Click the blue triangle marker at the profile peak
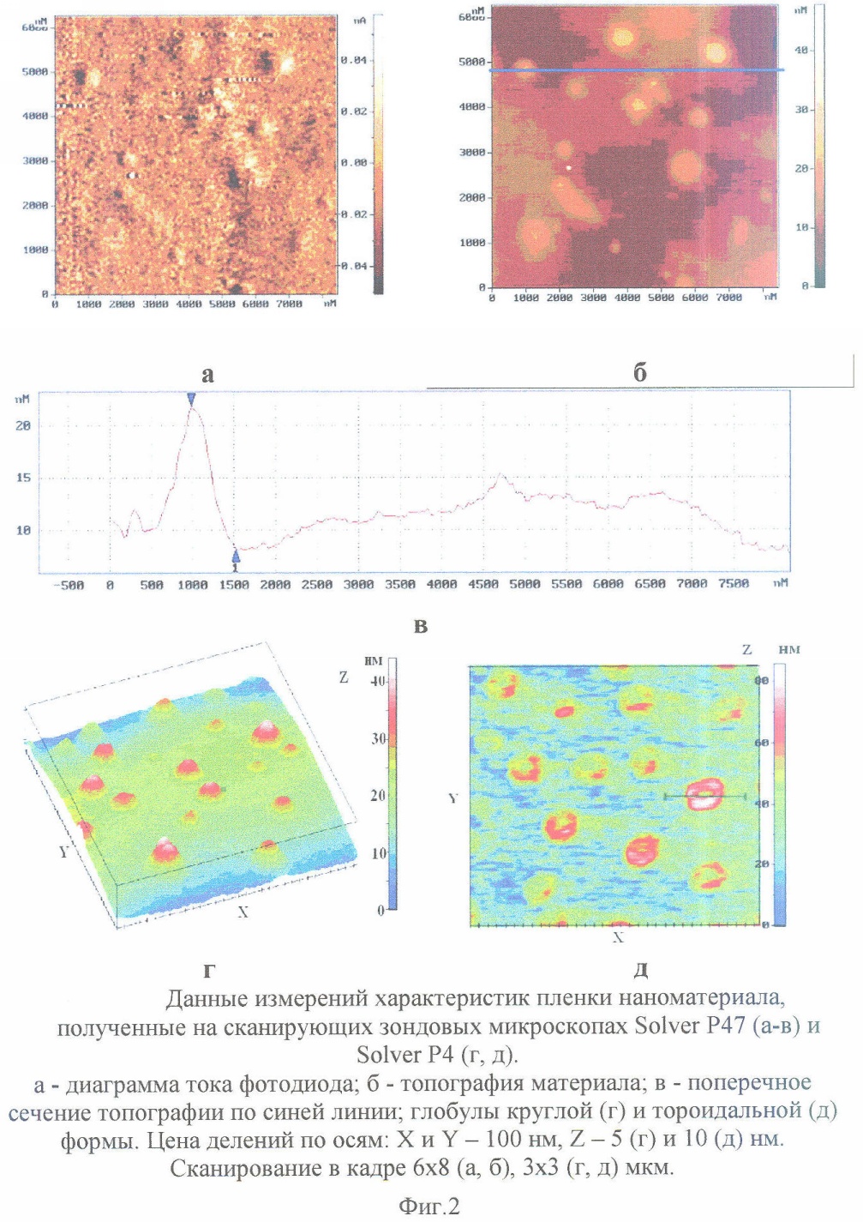click(x=191, y=399)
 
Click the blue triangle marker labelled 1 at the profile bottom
click(x=236, y=558)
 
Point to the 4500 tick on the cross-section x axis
click(x=482, y=585)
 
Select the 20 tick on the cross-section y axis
click(x=23, y=426)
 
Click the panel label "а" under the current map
click(x=207, y=375)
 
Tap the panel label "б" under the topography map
click(x=639, y=372)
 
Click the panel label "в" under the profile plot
click(x=420, y=626)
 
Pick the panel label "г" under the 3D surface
click(x=208, y=971)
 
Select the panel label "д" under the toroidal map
click(x=640, y=971)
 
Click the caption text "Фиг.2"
click(x=429, y=1206)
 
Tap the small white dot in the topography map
click(x=568, y=168)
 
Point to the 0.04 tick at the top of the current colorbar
click(x=353, y=61)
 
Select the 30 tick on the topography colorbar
click(x=801, y=110)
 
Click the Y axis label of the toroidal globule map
click(x=453, y=798)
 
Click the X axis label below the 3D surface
click(x=243, y=912)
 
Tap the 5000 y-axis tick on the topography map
click(x=472, y=63)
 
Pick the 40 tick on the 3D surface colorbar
click(x=378, y=681)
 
